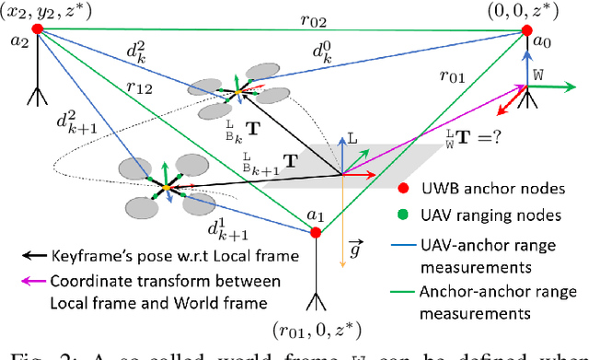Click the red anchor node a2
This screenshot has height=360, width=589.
pos(37,29)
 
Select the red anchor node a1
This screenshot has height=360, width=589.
pos(316,233)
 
